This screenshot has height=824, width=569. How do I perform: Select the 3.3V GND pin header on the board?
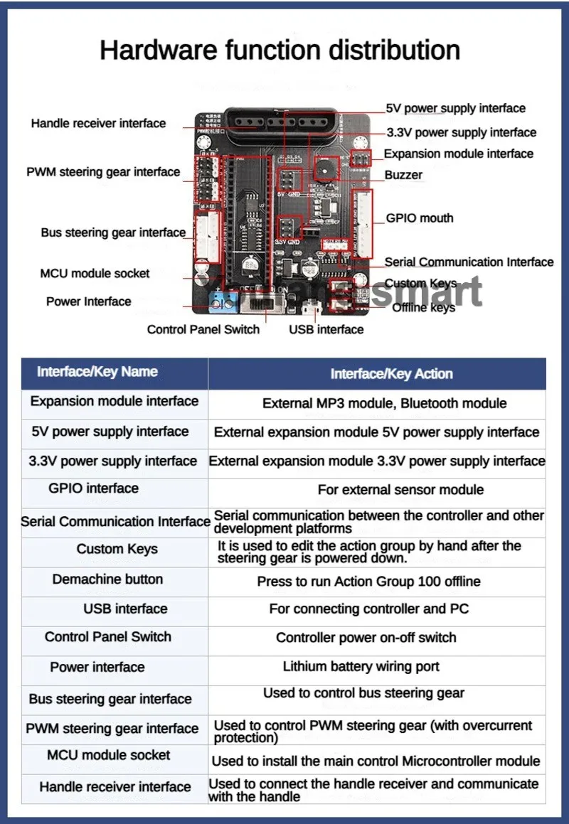(x=288, y=228)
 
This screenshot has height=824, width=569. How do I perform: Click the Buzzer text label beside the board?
(x=403, y=175)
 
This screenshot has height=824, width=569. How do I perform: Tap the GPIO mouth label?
(x=420, y=218)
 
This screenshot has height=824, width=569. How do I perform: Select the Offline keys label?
(x=423, y=307)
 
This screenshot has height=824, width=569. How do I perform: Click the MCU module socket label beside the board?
(x=95, y=273)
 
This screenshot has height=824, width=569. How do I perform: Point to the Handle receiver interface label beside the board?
(x=98, y=124)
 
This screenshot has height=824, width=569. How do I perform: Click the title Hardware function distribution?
(x=280, y=50)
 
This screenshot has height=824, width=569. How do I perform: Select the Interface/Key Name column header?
(x=97, y=372)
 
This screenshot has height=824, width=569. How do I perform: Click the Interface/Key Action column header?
(x=391, y=374)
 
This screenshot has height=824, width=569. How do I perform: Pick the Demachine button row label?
(x=107, y=579)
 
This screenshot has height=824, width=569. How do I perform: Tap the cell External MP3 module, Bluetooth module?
(x=384, y=403)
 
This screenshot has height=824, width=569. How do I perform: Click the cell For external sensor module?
(x=400, y=490)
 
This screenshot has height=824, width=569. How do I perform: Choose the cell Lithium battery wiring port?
(x=361, y=667)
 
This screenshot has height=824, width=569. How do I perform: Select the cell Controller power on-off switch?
(x=366, y=638)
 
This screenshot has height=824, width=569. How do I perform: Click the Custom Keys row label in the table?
(x=117, y=549)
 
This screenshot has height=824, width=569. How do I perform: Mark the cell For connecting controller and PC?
(x=368, y=609)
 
